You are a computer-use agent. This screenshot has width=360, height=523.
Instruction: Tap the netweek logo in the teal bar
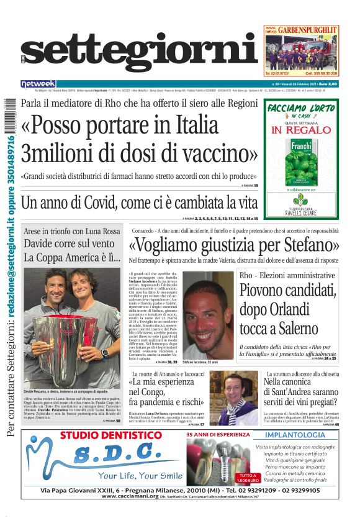pos(38,83)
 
